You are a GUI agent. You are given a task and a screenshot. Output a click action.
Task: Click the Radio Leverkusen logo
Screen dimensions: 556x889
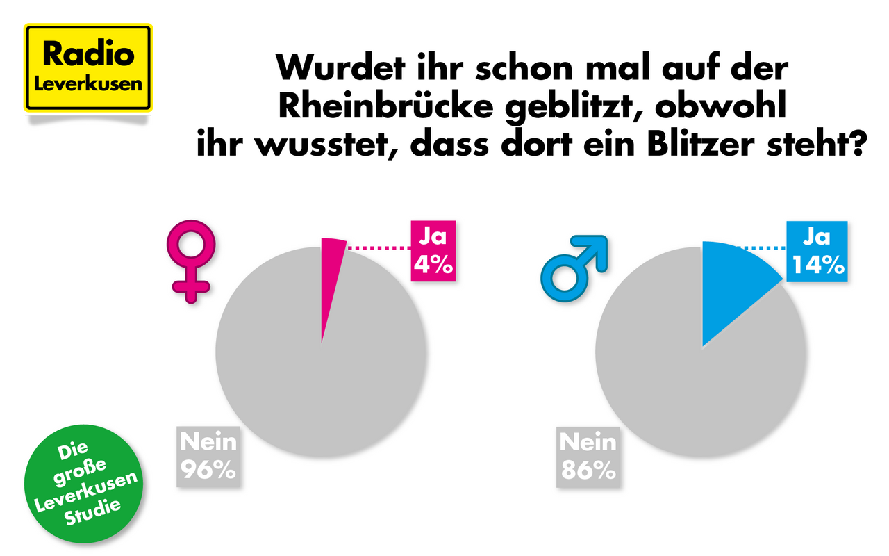point(88,68)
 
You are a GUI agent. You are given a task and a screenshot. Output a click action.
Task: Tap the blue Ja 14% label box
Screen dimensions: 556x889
point(817,251)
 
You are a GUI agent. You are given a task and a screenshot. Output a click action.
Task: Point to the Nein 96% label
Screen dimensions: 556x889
point(208,456)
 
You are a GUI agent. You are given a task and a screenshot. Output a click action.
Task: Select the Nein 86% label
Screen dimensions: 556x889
point(588,456)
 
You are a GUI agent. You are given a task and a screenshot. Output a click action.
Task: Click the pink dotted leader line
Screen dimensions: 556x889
point(378,247)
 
